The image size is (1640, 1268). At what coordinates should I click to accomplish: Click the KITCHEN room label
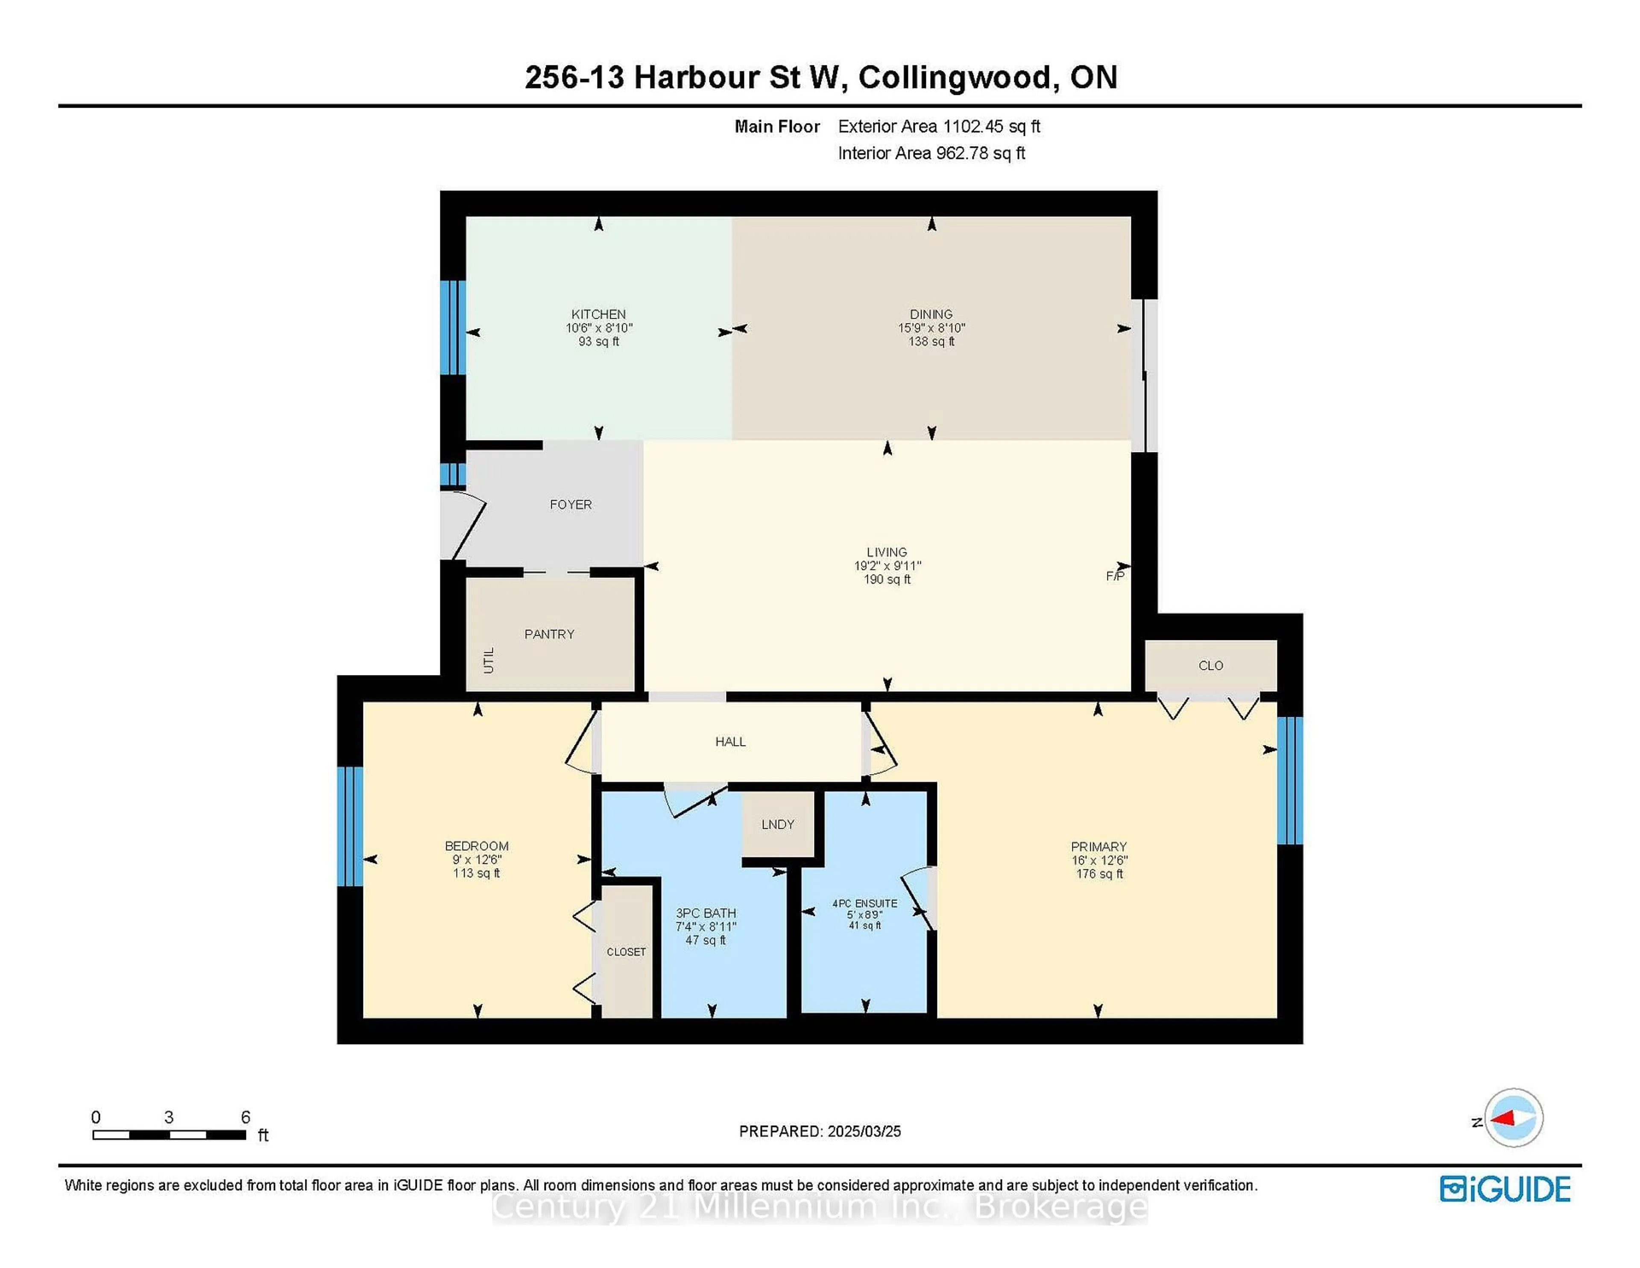(x=598, y=314)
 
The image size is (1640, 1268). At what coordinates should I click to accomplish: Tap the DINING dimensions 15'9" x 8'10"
(x=931, y=328)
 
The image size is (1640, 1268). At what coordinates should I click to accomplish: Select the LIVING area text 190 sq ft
(x=887, y=579)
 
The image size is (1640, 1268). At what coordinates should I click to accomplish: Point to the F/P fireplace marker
(x=1115, y=576)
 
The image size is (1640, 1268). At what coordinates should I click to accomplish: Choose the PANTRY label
(x=549, y=634)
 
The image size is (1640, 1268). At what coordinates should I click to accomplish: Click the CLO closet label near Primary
(x=1210, y=666)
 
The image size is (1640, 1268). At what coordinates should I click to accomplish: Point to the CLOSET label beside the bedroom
(x=626, y=952)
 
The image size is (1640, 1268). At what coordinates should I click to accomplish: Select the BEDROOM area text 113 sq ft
(x=476, y=873)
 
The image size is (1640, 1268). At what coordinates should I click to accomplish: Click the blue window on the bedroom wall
(x=350, y=826)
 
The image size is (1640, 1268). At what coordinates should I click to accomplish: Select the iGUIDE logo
(x=1505, y=1189)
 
